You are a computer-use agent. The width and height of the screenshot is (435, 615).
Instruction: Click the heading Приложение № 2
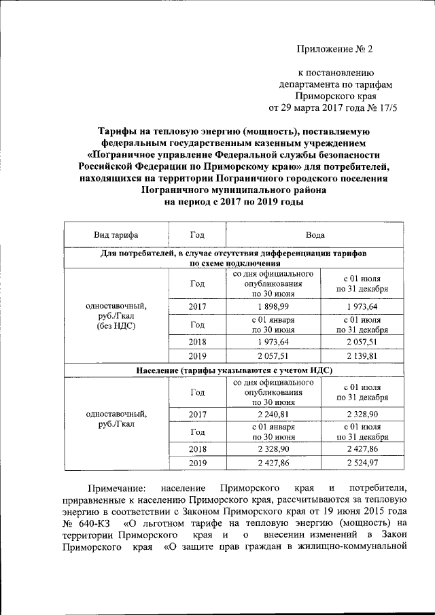[x=336, y=50]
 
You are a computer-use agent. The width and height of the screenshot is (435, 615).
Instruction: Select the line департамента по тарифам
[x=336, y=84]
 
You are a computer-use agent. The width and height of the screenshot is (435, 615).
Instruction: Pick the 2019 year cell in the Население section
[x=197, y=463]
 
